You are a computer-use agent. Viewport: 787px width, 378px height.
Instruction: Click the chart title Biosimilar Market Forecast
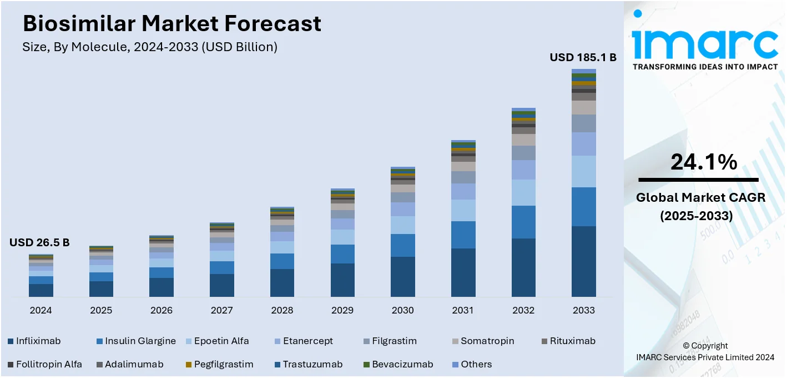pos(171,24)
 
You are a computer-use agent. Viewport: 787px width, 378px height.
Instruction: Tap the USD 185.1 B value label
pos(583,57)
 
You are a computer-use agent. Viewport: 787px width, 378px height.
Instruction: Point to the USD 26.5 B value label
pos(39,243)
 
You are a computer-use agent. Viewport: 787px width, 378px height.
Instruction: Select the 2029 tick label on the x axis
pos(342,310)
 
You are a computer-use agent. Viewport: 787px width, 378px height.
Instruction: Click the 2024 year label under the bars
pos(41,310)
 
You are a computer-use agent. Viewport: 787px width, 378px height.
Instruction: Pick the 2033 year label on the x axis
pos(583,310)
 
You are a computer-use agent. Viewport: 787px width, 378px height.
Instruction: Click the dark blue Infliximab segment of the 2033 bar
pos(583,261)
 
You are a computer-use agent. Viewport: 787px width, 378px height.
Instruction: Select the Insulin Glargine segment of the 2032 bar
pos(523,222)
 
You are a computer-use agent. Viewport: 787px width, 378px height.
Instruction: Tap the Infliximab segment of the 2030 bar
pos(402,276)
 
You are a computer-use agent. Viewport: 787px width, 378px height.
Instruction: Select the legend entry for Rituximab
pos(568,341)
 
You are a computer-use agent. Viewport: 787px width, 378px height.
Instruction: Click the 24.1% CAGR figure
pos(704,162)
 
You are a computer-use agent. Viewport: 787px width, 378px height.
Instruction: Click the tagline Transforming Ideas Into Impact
pos(705,67)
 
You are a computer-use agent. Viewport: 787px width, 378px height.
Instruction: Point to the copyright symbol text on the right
pos(705,346)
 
